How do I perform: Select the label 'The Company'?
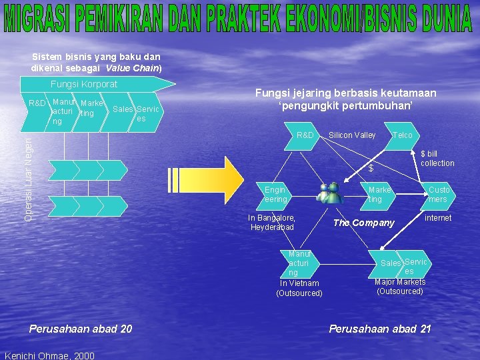point(363,223)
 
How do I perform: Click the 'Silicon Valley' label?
point(352,135)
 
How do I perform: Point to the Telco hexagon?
point(403,135)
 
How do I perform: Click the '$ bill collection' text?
point(437,159)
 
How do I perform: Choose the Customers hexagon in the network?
point(438,195)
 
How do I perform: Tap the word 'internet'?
point(438,218)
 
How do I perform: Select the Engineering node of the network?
point(275,195)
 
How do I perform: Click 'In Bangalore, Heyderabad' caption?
point(272,223)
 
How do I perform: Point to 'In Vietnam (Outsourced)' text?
point(299,288)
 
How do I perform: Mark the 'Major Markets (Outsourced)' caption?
point(400,287)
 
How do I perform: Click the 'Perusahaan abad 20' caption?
point(81,328)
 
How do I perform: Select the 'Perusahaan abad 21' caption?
point(381,328)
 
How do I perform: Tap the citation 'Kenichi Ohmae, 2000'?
point(49,355)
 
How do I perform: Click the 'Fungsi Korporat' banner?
point(84,84)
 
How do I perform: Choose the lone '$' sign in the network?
point(371,169)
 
